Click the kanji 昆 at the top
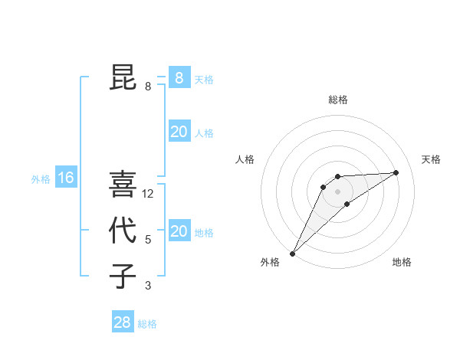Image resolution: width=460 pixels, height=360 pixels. click(123, 77)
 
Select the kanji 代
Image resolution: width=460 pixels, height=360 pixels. click(123, 231)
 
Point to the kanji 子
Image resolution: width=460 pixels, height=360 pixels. click(123, 276)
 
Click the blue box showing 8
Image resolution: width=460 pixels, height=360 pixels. click(179, 77)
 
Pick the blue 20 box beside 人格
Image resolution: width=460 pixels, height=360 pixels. click(179, 132)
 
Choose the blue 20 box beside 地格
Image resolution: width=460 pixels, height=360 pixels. click(179, 231)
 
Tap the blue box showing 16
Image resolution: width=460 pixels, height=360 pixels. click(66, 178)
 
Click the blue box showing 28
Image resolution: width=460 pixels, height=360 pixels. click(122, 322)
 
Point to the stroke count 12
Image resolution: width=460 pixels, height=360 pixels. click(149, 194)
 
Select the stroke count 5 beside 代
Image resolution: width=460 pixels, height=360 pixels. click(148, 240)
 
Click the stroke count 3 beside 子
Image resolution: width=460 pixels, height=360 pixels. click(148, 286)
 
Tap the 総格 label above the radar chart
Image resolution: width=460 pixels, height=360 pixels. click(337, 100)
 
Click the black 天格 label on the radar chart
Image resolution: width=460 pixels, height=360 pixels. click(431, 159)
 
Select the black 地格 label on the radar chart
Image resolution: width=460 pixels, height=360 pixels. click(402, 262)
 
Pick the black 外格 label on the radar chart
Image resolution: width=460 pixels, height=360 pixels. click(270, 262)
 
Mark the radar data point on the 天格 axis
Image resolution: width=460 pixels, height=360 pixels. click(396, 172)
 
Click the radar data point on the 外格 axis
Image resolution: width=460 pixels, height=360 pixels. click(292, 253)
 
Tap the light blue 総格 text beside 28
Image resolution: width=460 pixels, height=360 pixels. click(147, 324)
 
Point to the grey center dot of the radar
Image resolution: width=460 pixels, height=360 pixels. click(337, 191)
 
